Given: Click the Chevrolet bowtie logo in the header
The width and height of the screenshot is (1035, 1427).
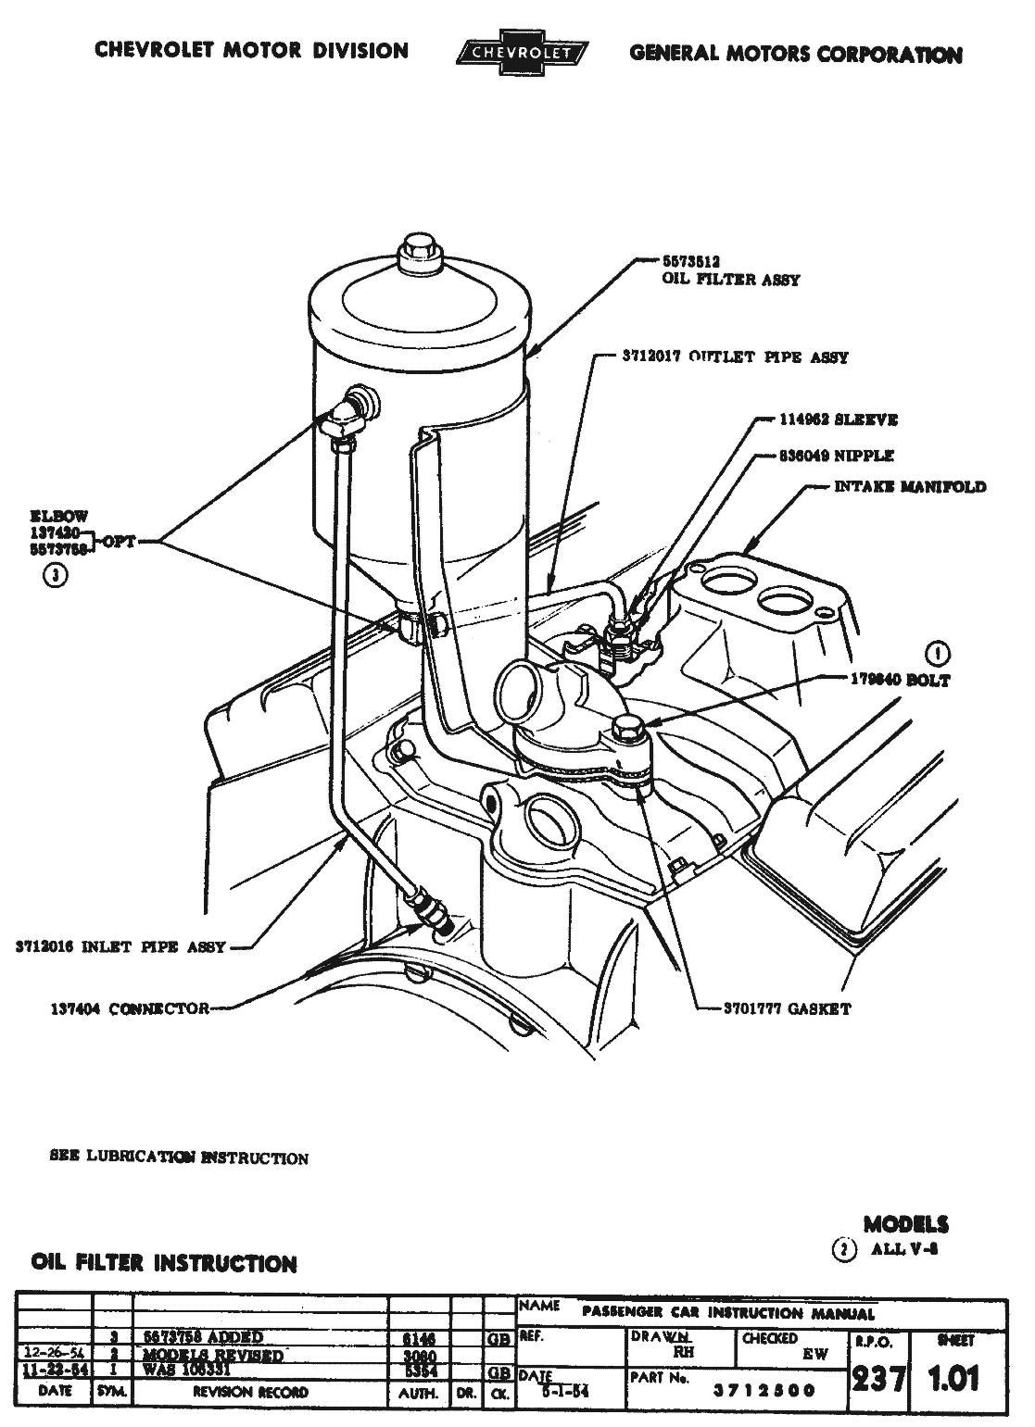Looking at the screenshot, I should click(x=518, y=53).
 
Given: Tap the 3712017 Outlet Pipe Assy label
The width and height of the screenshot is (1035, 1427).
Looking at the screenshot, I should click(x=736, y=357).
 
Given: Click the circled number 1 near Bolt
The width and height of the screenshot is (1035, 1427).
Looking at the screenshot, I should click(x=940, y=654).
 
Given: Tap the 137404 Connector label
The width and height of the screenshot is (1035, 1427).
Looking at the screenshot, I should click(x=130, y=1008).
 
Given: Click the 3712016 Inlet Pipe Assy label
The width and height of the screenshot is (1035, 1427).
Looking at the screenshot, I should click(x=120, y=947).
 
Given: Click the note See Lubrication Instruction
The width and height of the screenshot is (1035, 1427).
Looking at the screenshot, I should click(x=178, y=1158).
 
